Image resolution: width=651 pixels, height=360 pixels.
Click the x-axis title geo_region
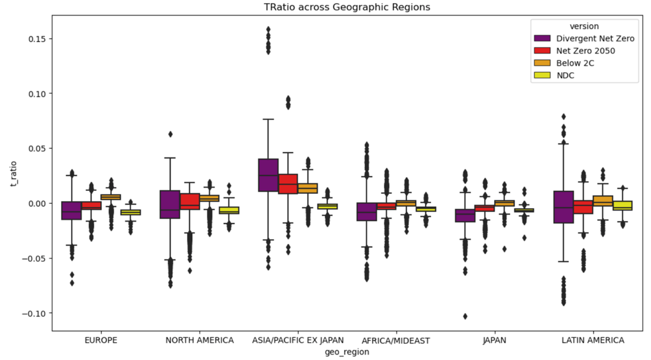(x=343, y=351)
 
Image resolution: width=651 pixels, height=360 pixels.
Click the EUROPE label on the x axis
(x=101, y=340)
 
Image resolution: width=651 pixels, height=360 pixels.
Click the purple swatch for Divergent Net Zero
(x=545, y=38)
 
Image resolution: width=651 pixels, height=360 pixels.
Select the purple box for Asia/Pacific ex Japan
(x=268, y=175)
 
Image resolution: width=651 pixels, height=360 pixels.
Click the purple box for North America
(x=170, y=204)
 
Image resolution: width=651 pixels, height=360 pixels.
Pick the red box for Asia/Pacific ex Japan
(x=288, y=184)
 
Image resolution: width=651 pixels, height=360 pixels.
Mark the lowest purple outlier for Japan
(x=465, y=316)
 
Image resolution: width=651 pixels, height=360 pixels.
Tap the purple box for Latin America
(x=563, y=207)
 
